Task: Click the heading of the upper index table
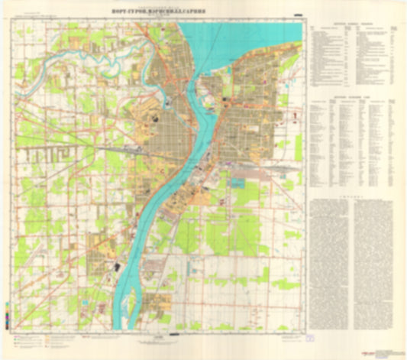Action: (x=356, y=24)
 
